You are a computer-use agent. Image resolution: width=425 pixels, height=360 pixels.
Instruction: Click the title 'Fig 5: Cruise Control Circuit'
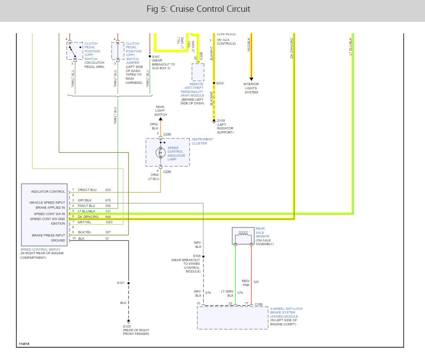pyautogui.click(x=198, y=9)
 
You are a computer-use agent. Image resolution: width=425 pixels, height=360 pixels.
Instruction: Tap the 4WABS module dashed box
pyautogui.click(x=233, y=318)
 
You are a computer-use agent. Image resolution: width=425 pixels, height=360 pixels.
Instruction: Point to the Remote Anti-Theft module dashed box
pyautogui.click(x=198, y=72)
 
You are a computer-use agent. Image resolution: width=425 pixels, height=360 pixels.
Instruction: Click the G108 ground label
pyautogui.click(x=221, y=121)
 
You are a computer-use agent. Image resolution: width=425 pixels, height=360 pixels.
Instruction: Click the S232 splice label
pyautogui.click(x=220, y=83)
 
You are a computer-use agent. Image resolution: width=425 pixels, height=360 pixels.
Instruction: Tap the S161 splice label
pyautogui.click(x=120, y=283)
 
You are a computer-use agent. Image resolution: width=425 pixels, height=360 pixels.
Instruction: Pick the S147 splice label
pyautogui.click(x=156, y=57)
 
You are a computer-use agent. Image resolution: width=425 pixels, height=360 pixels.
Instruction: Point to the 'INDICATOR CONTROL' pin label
pyautogui.click(x=48, y=191)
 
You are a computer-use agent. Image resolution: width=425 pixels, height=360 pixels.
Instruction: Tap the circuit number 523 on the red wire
pyautogui.click(x=256, y=282)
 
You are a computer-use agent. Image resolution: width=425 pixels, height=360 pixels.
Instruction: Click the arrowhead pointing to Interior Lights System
pyautogui.click(x=251, y=79)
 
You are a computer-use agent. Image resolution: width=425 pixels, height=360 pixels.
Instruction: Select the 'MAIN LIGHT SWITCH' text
pyautogui.click(x=160, y=111)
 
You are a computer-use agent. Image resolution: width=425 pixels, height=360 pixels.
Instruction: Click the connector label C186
pyautogui.click(x=259, y=303)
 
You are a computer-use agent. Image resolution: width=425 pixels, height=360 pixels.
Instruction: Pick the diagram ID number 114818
pyautogui.click(x=25, y=344)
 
